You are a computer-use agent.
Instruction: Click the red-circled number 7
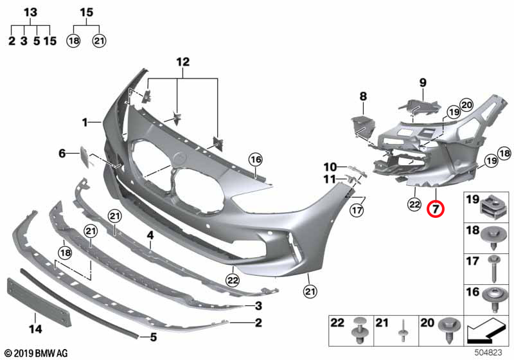[436, 208]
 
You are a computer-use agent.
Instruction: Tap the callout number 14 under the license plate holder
[35, 328]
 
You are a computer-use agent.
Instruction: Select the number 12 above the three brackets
[183, 62]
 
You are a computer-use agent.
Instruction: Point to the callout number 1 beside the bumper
[85, 123]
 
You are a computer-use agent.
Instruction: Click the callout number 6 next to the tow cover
[62, 153]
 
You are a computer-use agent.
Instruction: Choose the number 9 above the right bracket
[423, 83]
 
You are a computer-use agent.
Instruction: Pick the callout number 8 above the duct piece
[363, 96]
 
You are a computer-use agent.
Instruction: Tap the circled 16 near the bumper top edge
[256, 159]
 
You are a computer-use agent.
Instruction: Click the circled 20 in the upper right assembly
[466, 105]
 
